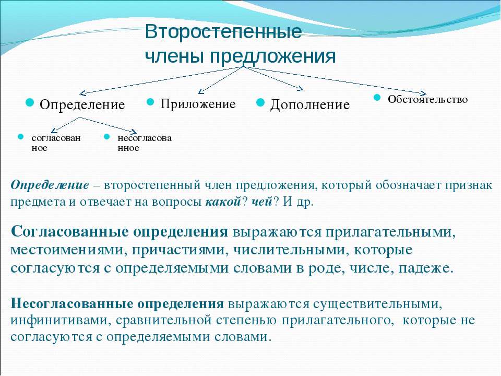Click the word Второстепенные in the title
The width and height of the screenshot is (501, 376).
coord(223,32)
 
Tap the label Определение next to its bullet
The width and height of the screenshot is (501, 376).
coord(82,105)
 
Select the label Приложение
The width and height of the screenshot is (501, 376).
coord(198,104)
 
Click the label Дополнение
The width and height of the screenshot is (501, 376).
coord(310,105)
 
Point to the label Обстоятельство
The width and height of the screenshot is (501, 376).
coord(427,99)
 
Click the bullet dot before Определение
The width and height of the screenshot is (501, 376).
coord(30,102)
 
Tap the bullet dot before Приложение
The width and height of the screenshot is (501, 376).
coord(150,102)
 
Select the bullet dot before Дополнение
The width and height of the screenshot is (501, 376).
coord(261,102)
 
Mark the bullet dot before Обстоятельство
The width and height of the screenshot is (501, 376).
coord(377,97)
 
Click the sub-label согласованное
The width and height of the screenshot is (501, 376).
coord(56,143)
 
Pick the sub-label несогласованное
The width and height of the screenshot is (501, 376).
coord(145,143)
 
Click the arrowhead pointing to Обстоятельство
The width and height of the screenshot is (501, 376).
coord(424,93)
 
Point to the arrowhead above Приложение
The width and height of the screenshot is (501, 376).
coord(200,92)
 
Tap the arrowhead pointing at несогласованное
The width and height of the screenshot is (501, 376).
coord(134,132)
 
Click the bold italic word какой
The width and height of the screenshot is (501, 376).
coord(223,202)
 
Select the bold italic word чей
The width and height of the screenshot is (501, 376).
coord(261,202)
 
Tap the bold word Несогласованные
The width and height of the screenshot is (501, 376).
coord(72,303)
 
